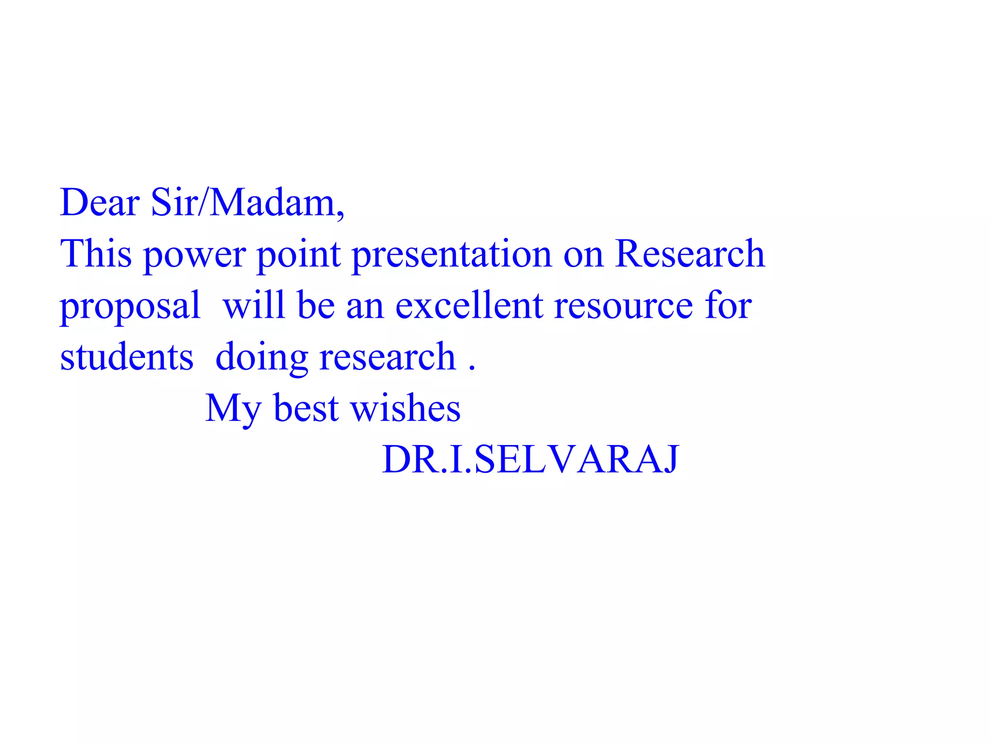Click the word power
pyautogui.click(x=195, y=255)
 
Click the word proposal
pyautogui.click(x=130, y=307)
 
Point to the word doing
pyautogui.click(x=262, y=358)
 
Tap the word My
pyautogui.click(x=233, y=409)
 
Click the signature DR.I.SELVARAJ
pyautogui.click(x=530, y=459)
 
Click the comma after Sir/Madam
pyautogui.click(x=341, y=216)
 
